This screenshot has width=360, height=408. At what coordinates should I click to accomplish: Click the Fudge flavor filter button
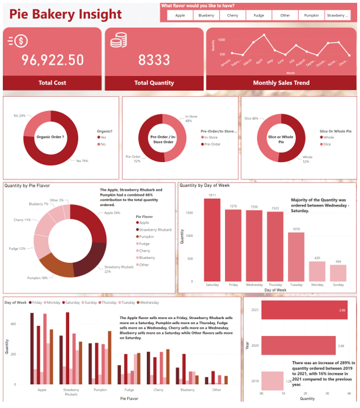tap(259, 16)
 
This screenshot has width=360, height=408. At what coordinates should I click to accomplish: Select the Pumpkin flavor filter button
tap(311, 16)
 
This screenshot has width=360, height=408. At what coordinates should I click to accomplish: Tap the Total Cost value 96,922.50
tap(52, 60)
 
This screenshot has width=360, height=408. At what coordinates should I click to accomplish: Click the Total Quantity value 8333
tap(154, 60)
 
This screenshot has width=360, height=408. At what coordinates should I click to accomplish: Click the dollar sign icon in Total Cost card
tap(17, 41)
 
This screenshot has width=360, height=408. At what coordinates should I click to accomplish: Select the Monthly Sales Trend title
tap(281, 83)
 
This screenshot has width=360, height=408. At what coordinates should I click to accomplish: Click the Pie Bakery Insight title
tap(66, 14)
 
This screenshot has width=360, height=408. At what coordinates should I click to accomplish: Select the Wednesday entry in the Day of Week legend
tap(149, 303)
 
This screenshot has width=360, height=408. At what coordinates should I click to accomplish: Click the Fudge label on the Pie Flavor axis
tap(129, 390)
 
